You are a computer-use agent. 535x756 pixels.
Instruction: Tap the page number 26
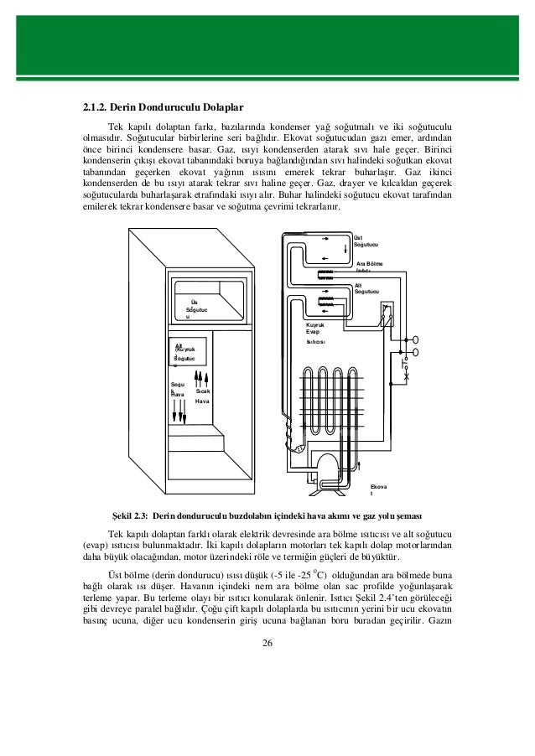coord(267,643)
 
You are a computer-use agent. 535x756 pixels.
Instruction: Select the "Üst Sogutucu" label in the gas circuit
coord(366,241)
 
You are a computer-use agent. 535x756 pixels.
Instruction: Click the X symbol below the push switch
coord(406,378)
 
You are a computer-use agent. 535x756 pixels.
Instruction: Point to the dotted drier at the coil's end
coord(296,449)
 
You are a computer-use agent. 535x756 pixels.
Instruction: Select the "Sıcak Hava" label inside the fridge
coord(202,396)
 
